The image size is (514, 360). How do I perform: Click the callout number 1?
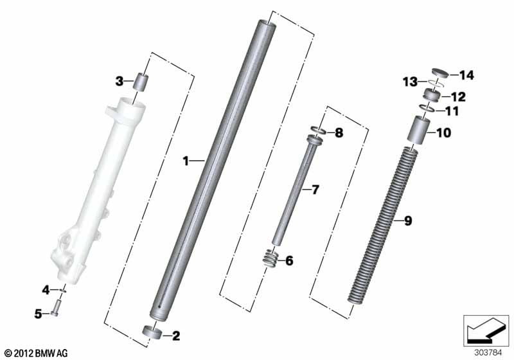pyautogui.click(x=186, y=161)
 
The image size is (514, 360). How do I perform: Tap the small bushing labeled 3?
pyautogui.click(x=140, y=82)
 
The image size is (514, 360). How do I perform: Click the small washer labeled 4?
pyautogui.click(x=63, y=290)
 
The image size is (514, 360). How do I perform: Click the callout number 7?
pyautogui.click(x=315, y=190)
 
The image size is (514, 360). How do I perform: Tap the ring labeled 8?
pyautogui.click(x=317, y=130)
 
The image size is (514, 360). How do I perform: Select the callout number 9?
pyautogui.click(x=408, y=221)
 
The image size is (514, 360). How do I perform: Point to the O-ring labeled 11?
pyautogui.click(x=427, y=108)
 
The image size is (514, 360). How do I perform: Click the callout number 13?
pyautogui.click(x=410, y=81)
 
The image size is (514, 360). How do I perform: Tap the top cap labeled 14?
pyautogui.click(x=439, y=73)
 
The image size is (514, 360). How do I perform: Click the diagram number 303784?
pyautogui.click(x=488, y=353)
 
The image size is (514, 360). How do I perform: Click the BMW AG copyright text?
pyautogui.click(x=37, y=354)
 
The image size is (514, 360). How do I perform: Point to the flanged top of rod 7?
pyautogui.click(x=315, y=140)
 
